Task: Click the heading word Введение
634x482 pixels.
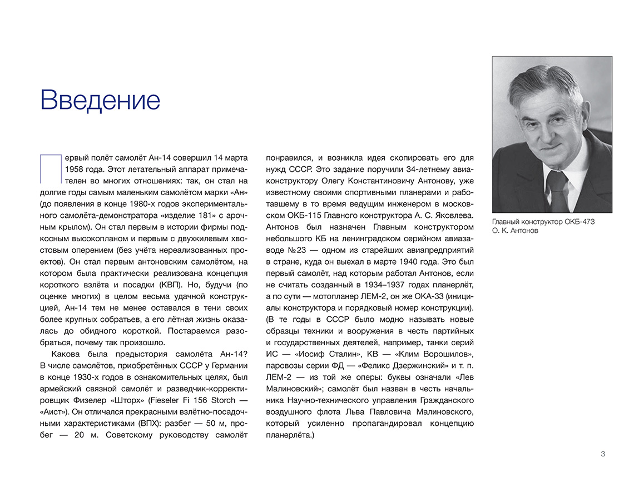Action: pos(100,100)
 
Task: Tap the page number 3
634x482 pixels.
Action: pos(603,454)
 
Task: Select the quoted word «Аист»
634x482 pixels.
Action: pos(55,413)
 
